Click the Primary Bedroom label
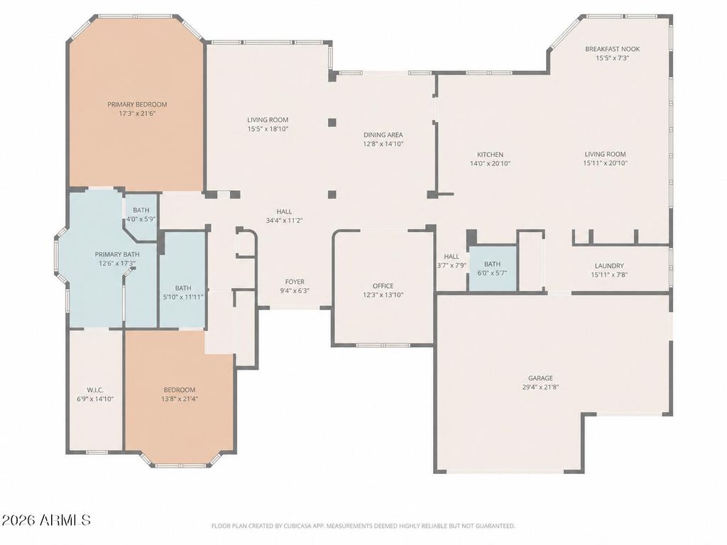point(137,105)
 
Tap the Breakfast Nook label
point(612,49)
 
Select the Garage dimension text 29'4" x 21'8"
point(540,387)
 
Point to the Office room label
point(383,286)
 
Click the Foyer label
point(295,282)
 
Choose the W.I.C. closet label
point(95,390)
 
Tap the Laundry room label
point(608,266)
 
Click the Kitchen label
point(490,155)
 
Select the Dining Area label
point(383,135)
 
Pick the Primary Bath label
point(117,255)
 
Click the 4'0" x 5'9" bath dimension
point(141,219)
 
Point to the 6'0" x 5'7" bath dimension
point(492,273)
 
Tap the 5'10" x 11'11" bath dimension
point(183,297)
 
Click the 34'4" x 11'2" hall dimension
point(284,221)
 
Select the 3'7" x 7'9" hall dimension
point(452,265)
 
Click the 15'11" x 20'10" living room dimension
point(605,163)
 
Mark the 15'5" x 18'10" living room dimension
point(268,129)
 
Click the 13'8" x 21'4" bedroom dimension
point(180,399)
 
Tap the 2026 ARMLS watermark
point(46,520)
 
